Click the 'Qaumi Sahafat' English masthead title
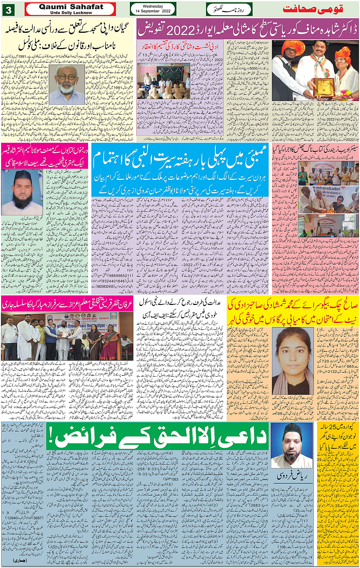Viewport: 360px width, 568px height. click(x=71, y=7)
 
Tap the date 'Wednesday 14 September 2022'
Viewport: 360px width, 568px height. click(x=153, y=9)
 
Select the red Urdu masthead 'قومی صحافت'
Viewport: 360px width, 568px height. click(x=313, y=9)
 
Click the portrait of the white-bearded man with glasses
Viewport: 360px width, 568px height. click(x=67, y=84)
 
